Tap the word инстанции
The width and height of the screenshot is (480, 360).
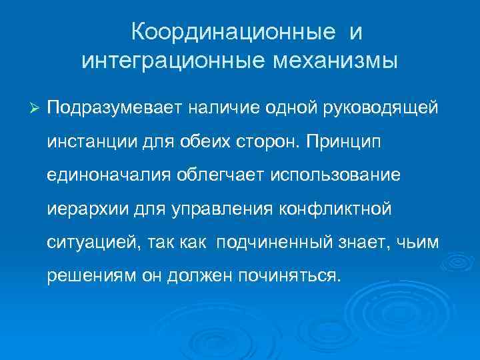[x=89, y=141]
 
